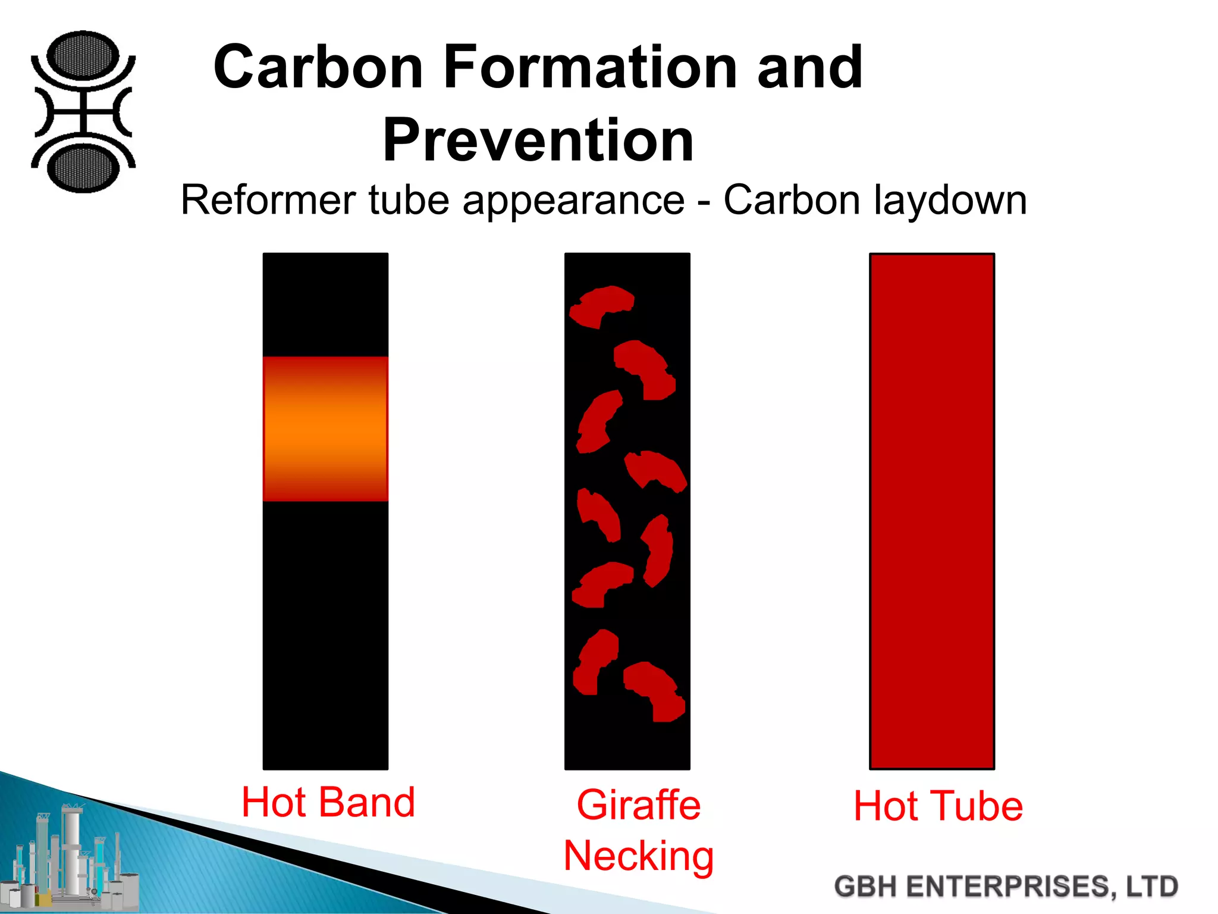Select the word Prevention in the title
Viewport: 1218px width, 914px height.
[x=538, y=140]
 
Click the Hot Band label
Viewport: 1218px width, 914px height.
[x=328, y=802]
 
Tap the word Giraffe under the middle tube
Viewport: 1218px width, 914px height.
[x=639, y=805]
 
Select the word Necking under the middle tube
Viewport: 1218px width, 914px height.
[x=639, y=856]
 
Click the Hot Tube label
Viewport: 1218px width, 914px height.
[x=938, y=806]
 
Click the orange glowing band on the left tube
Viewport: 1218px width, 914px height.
[x=325, y=428]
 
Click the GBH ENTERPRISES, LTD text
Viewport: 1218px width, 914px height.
[x=1006, y=886]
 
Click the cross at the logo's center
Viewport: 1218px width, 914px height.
[x=83, y=111]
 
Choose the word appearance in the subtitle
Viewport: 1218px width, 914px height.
[x=573, y=201]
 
